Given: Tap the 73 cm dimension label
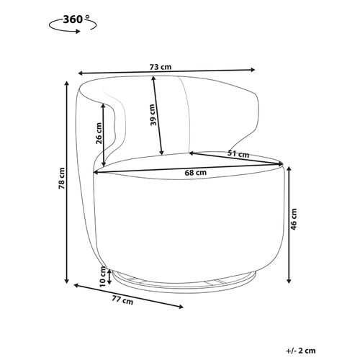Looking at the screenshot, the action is (x=161, y=67).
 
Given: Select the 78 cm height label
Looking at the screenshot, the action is (x=62, y=178).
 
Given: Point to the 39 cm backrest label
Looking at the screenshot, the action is (x=153, y=114).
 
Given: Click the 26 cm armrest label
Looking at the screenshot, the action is (x=99, y=133).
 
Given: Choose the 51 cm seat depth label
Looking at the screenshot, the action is (x=238, y=154).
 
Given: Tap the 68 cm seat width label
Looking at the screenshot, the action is (x=196, y=172).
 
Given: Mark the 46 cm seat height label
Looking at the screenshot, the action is (x=294, y=219).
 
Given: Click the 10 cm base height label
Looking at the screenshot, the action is (x=103, y=276).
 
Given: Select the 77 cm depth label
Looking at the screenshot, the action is (x=122, y=300).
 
